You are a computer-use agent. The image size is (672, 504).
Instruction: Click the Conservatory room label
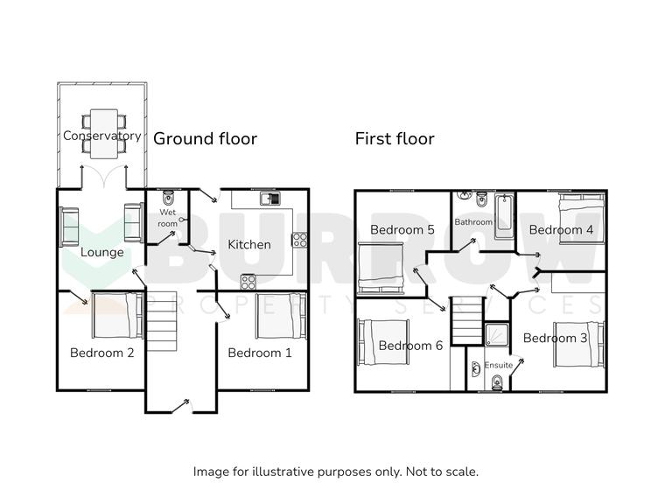click(x=101, y=136)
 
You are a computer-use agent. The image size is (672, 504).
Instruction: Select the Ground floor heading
click(x=205, y=138)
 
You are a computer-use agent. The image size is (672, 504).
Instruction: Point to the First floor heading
click(x=394, y=138)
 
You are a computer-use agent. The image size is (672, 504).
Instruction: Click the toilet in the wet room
click(x=168, y=198)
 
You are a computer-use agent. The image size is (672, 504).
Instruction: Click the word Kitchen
click(x=249, y=245)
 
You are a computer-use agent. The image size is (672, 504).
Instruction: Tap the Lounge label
click(x=101, y=253)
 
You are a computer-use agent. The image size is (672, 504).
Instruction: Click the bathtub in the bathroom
click(x=506, y=214)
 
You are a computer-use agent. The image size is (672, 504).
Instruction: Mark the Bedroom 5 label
click(x=402, y=230)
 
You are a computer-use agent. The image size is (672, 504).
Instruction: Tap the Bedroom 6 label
click(x=410, y=346)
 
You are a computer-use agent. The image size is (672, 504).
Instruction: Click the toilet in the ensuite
click(x=496, y=381)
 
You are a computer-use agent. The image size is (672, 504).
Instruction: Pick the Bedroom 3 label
click(x=549, y=338)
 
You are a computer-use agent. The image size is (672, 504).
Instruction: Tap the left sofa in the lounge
click(x=69, y=226)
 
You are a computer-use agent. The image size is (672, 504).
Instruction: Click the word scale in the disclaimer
click(x=459, y=472)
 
